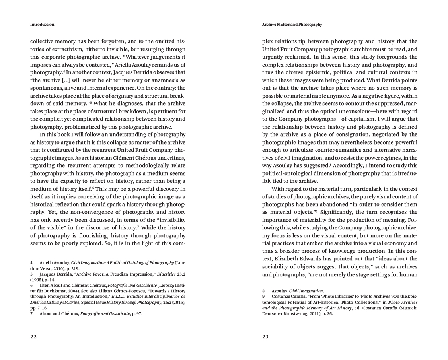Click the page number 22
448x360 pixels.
click(x=33, y=337)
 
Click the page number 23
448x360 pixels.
click(x=265, y=337)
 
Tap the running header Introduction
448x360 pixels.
click(x=42, y=24)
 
